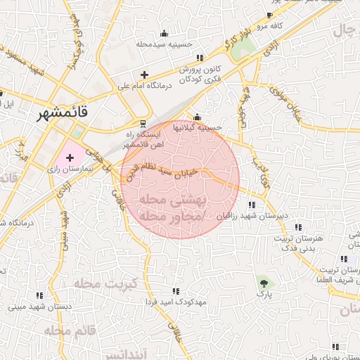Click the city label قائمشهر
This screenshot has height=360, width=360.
65,111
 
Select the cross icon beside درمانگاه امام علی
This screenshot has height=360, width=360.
144,75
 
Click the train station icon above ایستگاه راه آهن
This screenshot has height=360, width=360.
143,122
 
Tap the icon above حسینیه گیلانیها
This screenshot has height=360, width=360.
197,117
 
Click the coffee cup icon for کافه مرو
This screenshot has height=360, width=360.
269,15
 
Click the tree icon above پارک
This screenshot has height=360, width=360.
264,283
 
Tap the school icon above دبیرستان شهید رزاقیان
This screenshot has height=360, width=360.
251,205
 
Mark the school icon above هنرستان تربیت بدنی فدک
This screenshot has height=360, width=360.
299,227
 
